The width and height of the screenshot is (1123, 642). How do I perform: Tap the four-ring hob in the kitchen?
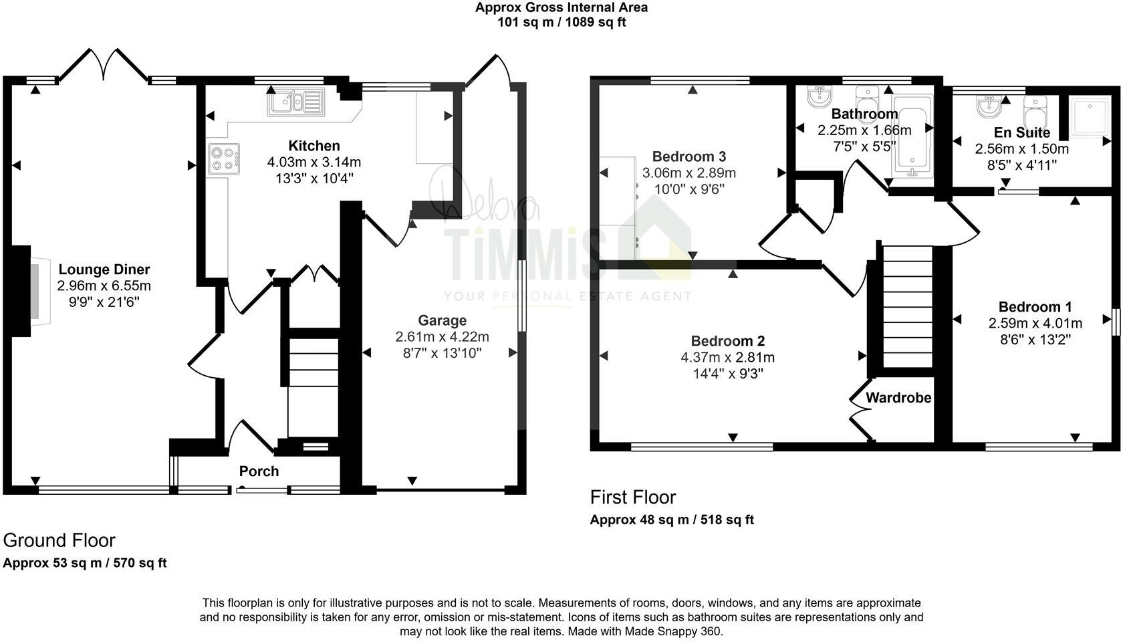click(x=223, y=159)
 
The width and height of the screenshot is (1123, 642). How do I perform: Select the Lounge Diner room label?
click(x=104, y=270)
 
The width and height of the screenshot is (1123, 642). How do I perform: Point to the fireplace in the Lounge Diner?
click(x=27, y=292)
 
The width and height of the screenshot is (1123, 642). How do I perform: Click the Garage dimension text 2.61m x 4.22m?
click(x=442, y=336)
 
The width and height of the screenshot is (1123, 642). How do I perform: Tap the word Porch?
click(x=259, y=471)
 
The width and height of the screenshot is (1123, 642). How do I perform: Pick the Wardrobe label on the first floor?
click(x=898, y=398)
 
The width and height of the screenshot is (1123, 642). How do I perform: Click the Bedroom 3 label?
click(x=689, y=156)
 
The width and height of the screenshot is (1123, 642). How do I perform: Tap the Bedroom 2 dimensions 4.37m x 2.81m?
click(x=727, y=357)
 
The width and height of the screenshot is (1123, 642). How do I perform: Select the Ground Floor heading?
click(x=59, y=540)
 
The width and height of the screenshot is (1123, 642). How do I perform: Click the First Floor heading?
click(x=632, y=498)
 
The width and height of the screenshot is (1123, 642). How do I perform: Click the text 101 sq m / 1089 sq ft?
click(x=561, y=22)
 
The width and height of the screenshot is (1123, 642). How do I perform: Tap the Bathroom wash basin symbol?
click(x=818, y=98)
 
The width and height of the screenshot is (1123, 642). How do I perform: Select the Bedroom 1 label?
click(x=1035, y=307)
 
